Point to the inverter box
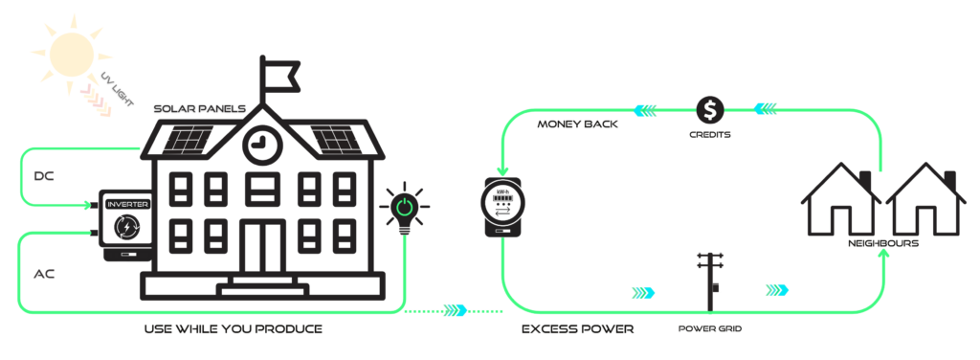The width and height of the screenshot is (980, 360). pyautogui.click(x=124, y=226)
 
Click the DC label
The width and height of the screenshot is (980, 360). pyautogui.click(x=43, y=176)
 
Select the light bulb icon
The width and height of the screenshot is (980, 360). pyautogui.click(x=405, y=210)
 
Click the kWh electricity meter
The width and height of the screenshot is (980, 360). pyautogui.click(x=502, y=207)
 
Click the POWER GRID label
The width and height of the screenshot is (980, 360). pyautogui.click(x=710, y=327)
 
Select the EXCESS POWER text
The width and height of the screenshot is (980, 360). pyautogui.click(x=577, y=329)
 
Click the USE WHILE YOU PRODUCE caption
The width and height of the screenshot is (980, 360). pyautogui.click(x=233, y=329)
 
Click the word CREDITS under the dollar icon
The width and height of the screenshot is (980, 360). pyautogui.click(x=710, y=134)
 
